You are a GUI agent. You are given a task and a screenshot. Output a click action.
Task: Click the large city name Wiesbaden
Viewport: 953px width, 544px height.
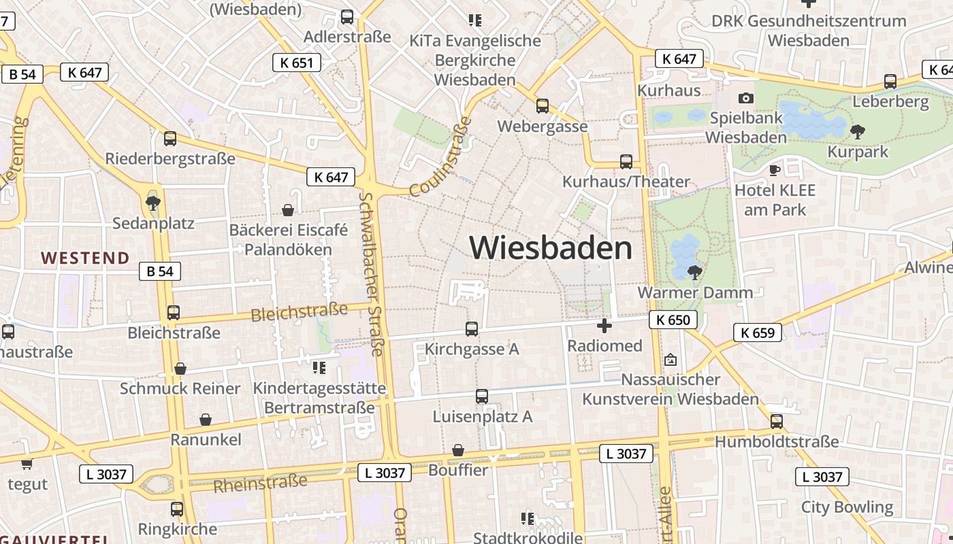point(551,248)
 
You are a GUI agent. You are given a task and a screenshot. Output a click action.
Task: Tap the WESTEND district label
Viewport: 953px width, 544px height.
point(85,258)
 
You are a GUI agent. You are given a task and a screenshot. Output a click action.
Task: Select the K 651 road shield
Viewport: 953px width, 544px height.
point(296,63)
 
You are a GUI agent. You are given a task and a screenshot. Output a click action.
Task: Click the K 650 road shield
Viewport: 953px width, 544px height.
point(673,320)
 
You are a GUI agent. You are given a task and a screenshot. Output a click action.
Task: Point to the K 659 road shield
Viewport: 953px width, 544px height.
point(758,333)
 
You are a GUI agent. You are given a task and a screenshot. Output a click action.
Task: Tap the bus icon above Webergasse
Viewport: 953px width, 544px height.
point(543,106)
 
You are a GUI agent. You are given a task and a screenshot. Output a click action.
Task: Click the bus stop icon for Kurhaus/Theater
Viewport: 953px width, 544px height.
point(626,162)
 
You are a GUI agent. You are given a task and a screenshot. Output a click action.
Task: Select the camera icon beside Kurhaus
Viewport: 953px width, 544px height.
point(746,98)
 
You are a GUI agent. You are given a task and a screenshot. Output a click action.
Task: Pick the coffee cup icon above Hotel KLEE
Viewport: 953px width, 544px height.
point(774,169)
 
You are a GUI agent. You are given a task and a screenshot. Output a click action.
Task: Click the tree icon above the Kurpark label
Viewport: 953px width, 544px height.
point(858,131)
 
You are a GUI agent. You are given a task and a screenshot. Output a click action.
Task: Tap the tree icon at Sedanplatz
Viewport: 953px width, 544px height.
point(153,202)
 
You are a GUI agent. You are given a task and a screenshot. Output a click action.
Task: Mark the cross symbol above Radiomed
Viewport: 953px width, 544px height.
point(604,326)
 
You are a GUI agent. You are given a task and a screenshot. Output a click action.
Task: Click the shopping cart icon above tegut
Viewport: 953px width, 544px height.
point(27,464)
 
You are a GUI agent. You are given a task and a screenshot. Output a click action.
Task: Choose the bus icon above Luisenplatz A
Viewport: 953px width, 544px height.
point(482,396)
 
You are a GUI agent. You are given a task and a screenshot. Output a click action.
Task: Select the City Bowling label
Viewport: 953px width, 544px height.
point(847,507)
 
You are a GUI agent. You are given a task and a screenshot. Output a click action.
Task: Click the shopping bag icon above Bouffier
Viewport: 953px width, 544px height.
point(458,450)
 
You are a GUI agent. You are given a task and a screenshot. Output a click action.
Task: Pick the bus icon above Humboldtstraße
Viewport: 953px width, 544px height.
point(777,422)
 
